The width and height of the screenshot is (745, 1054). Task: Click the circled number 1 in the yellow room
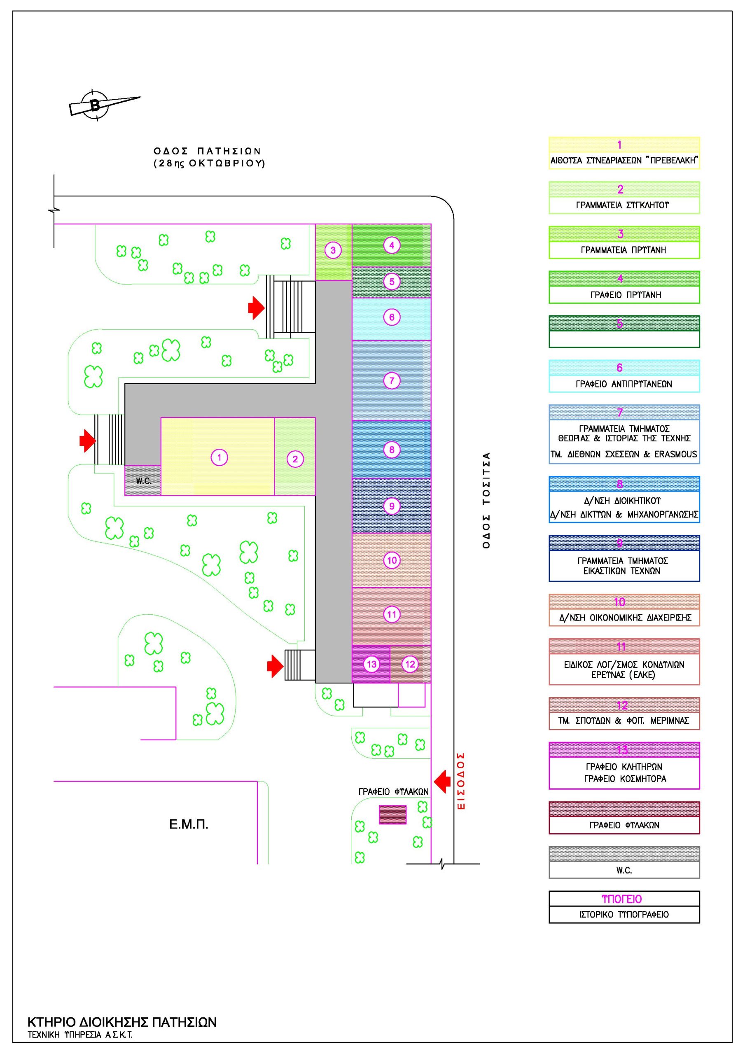pyautogui.click(x=219, y=457)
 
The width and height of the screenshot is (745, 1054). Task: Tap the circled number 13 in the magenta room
pyautogui.click(x=371, y=664)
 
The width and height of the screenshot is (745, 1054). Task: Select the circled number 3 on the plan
pyautogui.click(x=333, y=250)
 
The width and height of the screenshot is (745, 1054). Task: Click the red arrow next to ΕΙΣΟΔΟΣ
pyautogui.click(x=442, y=782)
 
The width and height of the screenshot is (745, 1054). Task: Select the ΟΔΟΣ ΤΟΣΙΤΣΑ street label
pyautogui.click(x=486, y=500)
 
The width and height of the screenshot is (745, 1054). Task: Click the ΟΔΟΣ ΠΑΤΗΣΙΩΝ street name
pyautogui.click(x=207, y=151)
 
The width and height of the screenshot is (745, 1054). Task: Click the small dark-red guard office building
pyautogui.click(x=392, y=815)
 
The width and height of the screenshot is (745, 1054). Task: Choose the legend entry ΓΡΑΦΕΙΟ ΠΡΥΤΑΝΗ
pyautogui.click(x=625, y=295)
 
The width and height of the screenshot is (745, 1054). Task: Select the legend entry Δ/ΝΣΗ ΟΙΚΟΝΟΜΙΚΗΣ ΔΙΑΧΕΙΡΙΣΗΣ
pyautogui.click(x=625, y=618)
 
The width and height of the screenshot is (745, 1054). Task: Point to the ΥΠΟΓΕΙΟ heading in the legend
pyautogui.click(x=621, y=899)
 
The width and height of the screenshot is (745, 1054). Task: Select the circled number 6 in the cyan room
pyautogui.click(x=391, y=317)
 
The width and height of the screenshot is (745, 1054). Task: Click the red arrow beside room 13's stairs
pyautogui.click(x=275, y=666)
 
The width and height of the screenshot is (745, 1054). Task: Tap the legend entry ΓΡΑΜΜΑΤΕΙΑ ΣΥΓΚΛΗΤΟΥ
pyautogui.click(x=622, y=205)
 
